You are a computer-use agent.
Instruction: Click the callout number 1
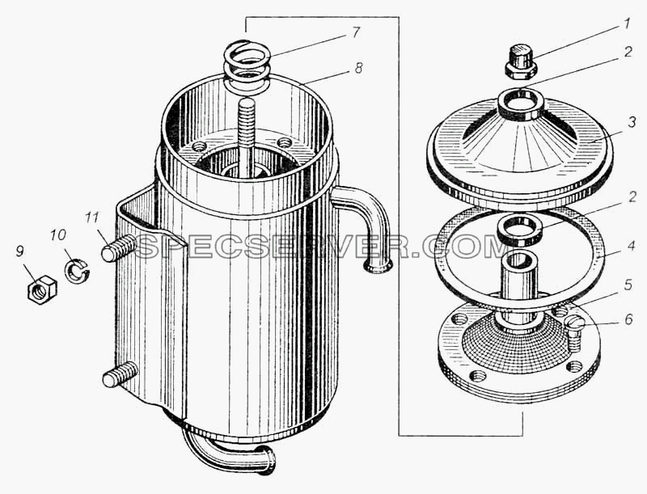click(x=626, y=24)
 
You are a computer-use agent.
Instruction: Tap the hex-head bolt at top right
click(x=521, y=62)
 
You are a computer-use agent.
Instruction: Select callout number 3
click(x=632, y=122)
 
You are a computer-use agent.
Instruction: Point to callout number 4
click(x=632, y=246)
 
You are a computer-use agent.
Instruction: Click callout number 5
click(x=628, y=285)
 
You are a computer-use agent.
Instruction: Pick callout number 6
click(x=628, y=319)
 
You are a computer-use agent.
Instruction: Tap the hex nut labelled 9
click(x=42, y=289)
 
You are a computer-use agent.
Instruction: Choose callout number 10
click(x=57, y=235)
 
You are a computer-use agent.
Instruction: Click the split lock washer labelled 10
click(x=77, y=269)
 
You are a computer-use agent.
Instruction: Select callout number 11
click(x=92, y=217)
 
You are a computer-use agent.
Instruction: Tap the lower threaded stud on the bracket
click(x=120, y=374)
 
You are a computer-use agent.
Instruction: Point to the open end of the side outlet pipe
click(x=377, y=267)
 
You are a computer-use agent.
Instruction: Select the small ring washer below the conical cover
click(x=519, y=230)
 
